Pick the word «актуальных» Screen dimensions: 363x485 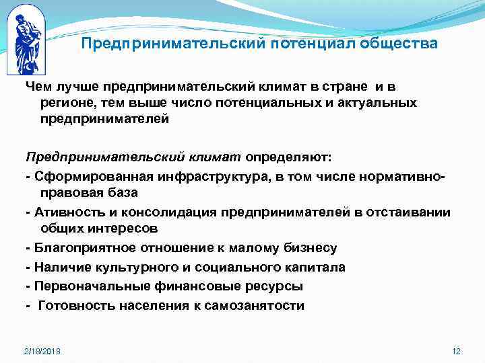[x=383, y=102]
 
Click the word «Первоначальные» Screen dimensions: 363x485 [x=82, y=286]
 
